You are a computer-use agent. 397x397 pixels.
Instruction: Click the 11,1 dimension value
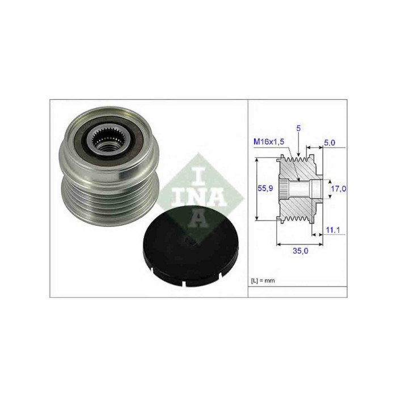coord(333,230)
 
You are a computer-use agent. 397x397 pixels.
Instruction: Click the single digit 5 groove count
coord(299,129)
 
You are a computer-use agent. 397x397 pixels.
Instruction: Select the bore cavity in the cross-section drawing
coord(314,188)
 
